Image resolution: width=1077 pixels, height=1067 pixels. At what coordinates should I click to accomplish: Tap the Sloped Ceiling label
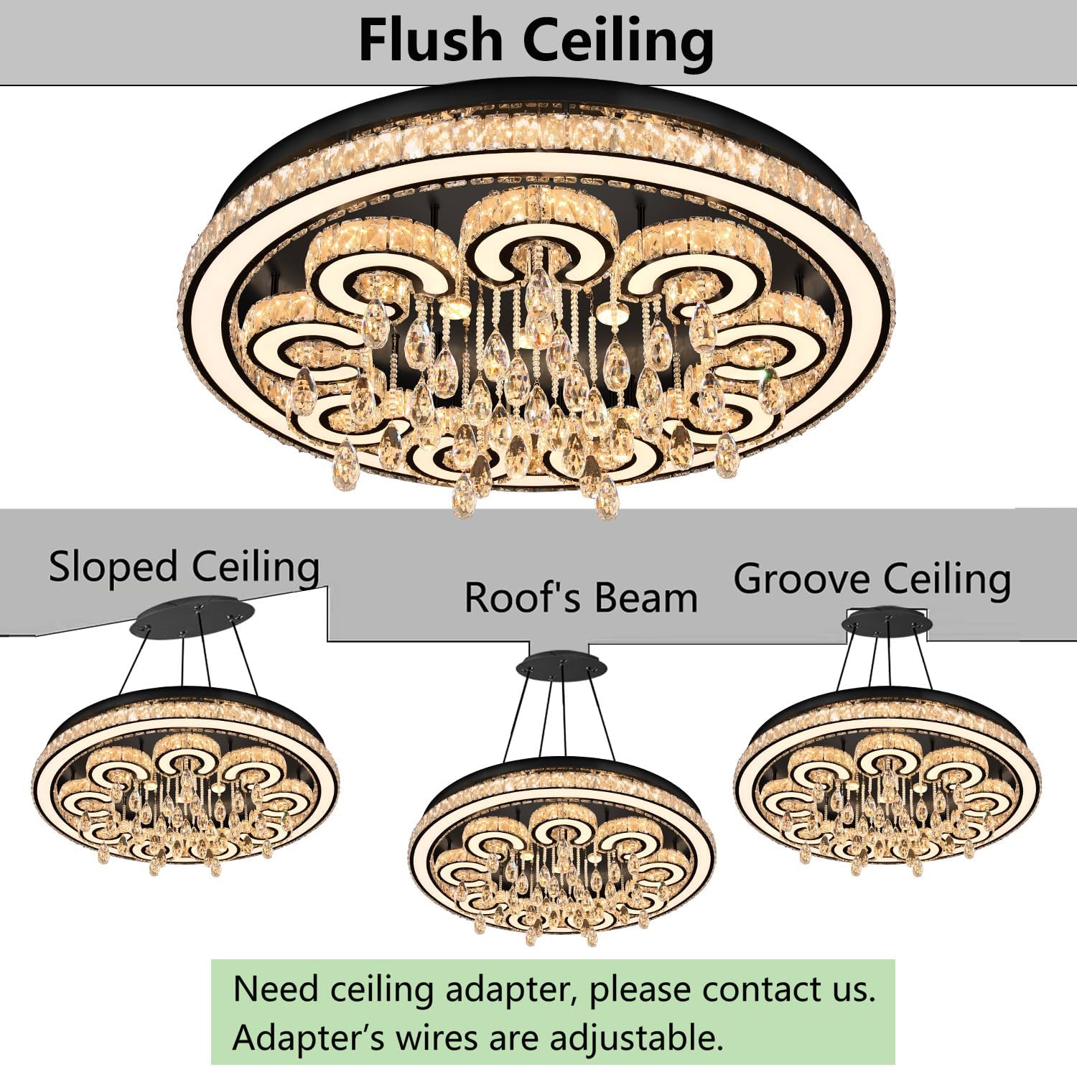[184, 567]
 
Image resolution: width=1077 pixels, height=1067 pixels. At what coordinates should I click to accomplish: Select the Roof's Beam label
[581, 597]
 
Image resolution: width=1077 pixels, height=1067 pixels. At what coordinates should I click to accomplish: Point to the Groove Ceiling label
[872, 579]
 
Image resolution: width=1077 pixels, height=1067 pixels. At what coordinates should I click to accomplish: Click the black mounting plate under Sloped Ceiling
[192, 618]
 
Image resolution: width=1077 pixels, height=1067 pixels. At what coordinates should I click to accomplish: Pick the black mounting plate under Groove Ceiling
[887, 622]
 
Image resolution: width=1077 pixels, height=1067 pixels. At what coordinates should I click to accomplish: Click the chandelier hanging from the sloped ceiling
[187, 783]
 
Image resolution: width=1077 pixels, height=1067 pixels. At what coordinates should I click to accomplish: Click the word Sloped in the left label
[113, 567]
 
